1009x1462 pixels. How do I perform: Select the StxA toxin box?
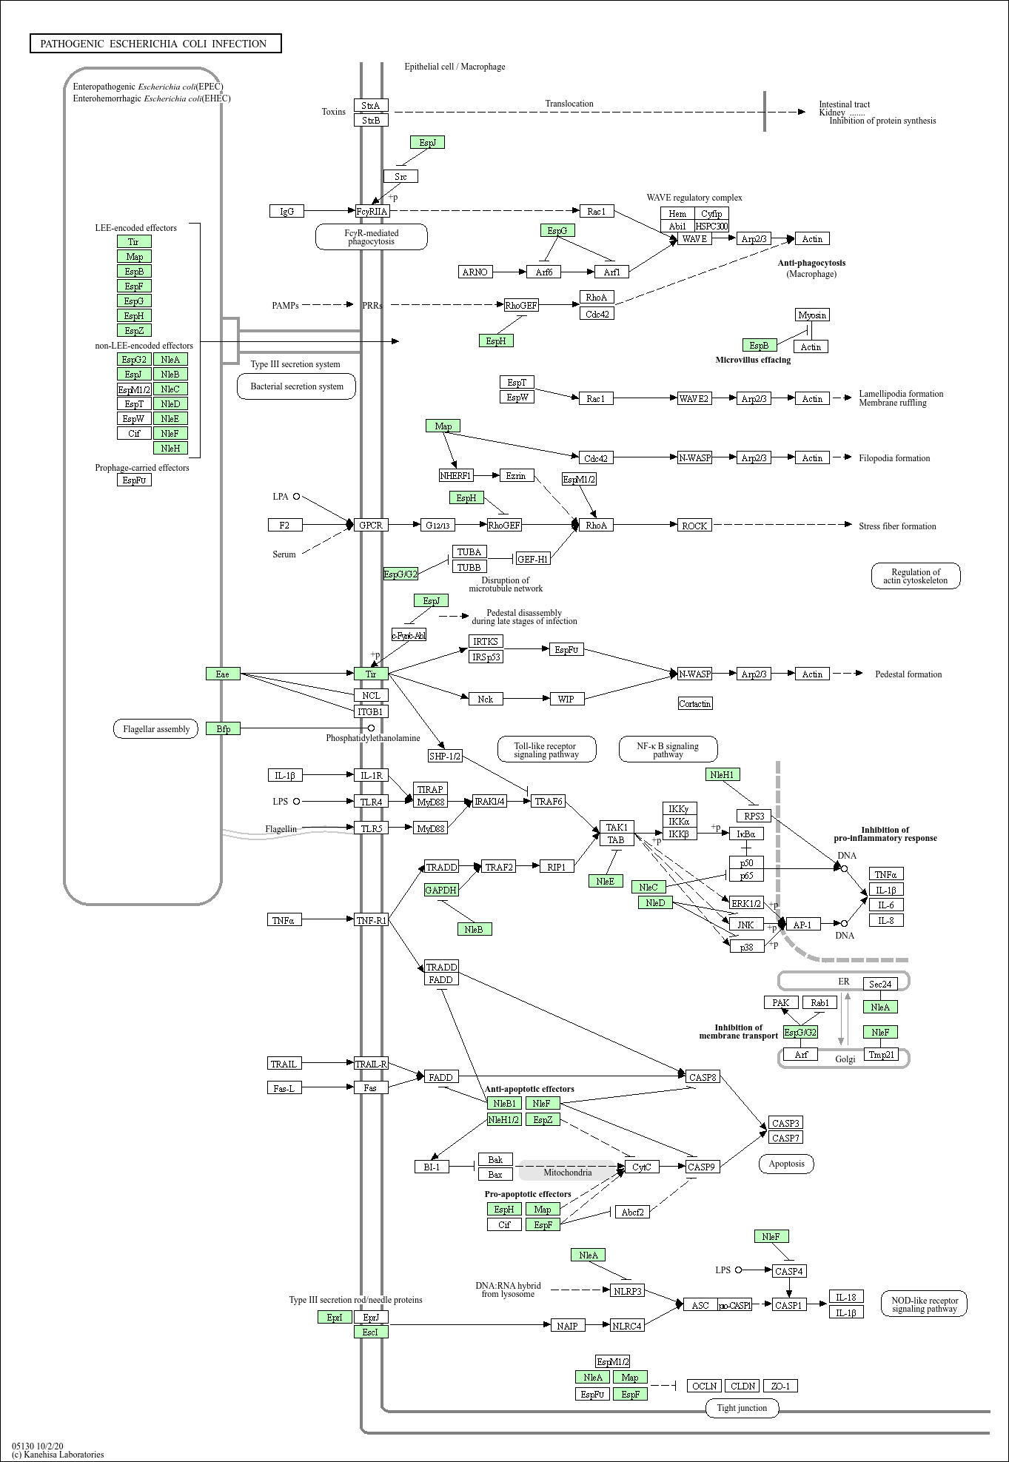coord(371,105)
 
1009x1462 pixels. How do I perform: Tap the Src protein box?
coord(400,176)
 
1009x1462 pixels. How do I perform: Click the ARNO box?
coord(475,272)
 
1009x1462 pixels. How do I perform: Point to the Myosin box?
coord(812,315)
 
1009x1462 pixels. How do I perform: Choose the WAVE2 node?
coord(694,398)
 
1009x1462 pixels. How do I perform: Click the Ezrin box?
coord(516,475)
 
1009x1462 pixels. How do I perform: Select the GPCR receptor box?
coord(371,525)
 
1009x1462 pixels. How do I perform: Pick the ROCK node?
coord(694,526)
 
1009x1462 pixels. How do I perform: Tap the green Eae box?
coord(223,674)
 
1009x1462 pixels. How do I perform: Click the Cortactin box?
coord(695,703)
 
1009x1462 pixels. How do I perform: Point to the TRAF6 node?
coord(549,801)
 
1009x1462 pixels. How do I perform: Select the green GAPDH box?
coord(441,890)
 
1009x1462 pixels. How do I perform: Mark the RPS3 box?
coord(754,816)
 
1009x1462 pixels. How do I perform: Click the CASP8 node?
coord(703,1077)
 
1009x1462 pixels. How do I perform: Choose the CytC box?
coord(642,1167)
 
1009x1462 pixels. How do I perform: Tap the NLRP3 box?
coord(627,1290)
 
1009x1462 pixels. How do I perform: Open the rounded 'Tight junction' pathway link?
coord(742,1407)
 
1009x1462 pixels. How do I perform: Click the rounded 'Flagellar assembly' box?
coord(156,729)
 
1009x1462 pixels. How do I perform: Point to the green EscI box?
coord(371,1332)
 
